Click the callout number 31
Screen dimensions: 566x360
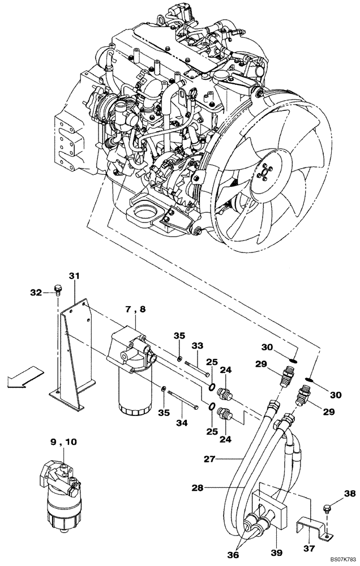tap(74, 276)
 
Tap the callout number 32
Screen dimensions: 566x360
tap(36, 292)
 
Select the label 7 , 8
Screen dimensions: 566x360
tap(135, 309)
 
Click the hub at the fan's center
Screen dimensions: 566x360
tap(265, 169)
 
